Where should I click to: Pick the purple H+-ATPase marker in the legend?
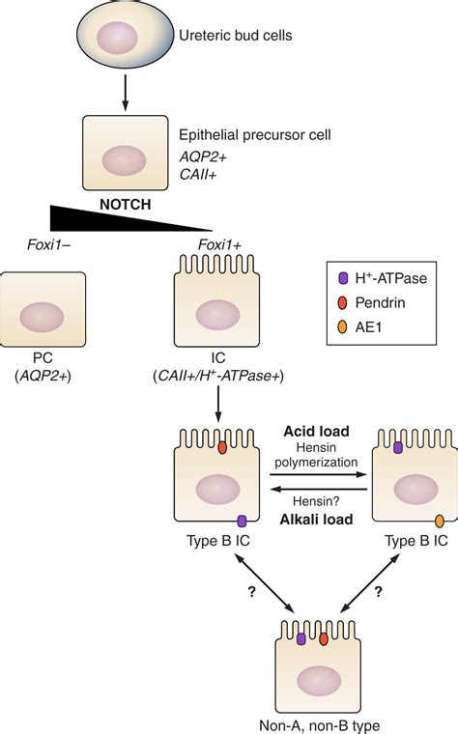click(344, 277)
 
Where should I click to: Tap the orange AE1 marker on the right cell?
click(440, 521)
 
